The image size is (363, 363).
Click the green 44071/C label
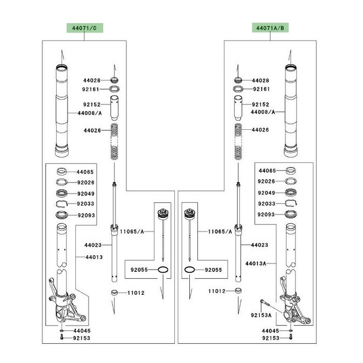85,28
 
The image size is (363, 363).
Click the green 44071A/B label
270,28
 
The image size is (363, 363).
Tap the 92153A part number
261,315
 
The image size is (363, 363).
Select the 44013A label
256,263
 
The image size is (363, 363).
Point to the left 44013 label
94,257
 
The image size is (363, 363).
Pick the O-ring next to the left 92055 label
163,269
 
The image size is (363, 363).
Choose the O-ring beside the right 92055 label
190,269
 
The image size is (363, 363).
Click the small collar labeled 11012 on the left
114,293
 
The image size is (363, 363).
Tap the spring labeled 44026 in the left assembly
114,141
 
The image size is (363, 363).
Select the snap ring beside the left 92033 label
62,204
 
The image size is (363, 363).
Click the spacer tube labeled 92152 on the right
238,108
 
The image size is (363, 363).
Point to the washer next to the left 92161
114,89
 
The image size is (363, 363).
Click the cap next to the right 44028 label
238,80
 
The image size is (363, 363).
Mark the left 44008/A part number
90,113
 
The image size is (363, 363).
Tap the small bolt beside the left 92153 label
62,337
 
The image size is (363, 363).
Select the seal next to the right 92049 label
291,193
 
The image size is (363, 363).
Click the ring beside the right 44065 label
291,170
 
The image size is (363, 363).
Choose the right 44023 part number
260,245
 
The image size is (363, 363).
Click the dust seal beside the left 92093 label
62,215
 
